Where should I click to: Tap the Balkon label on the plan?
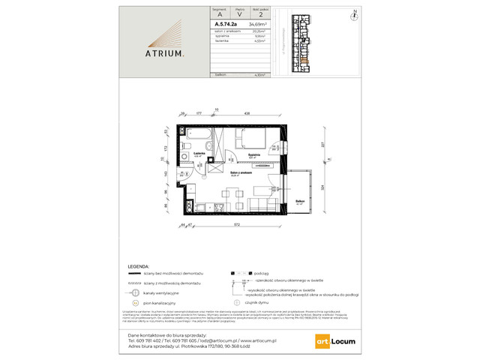(x=299, y=202)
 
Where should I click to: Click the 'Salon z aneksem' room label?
(x=239, y=175)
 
